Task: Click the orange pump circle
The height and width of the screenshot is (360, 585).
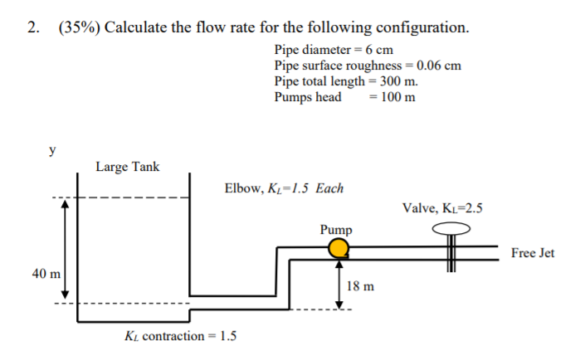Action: pyautogui.click(x=337, y=248)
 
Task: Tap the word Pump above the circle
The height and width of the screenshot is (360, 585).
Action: pyautogui.click(x=336, y=229)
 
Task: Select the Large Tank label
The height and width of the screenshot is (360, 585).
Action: pyautogui.click(x=127, y=167)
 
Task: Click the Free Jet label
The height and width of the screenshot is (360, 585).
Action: pyautogui.click(x=533, y=253)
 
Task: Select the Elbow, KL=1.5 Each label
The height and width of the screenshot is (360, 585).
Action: pyautogui.click(x=284, y=188)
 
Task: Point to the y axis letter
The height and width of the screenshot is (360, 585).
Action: pyautogui.click(x=53, y=150)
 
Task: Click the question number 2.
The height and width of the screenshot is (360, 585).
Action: pyautogui.click(x=32, y=27)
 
